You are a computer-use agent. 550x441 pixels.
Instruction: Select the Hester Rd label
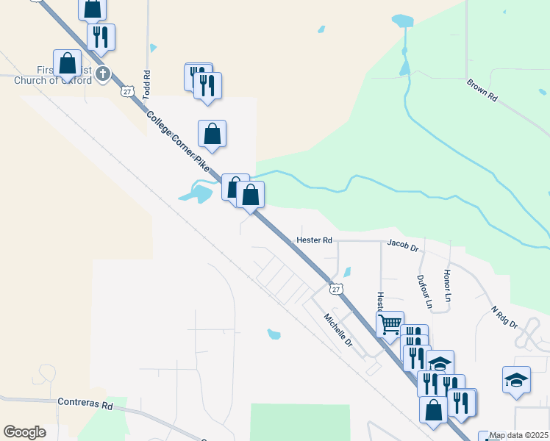(315, 240)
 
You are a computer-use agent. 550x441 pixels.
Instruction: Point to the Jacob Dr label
(402, 243)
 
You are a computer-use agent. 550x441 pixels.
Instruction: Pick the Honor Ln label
(447, 287)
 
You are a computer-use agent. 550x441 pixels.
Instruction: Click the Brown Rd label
(482, 90)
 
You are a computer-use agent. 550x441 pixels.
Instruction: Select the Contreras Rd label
(87, 405)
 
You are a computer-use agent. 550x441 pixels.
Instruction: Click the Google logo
(24, 432)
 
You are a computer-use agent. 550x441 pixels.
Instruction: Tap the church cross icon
(103, 73)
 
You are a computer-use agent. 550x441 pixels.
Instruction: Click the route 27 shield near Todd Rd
(128, 91)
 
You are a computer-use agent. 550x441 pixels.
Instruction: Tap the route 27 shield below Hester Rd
(336, 289)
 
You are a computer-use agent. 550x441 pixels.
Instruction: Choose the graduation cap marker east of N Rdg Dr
(516, 379)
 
